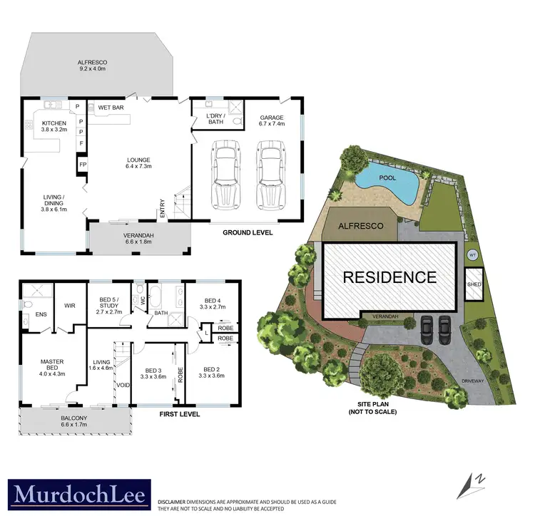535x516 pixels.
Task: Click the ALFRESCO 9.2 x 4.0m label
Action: (x=91, y=66)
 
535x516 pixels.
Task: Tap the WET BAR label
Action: (x=111, y=107)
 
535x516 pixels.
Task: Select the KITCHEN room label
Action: (x=53, y=126)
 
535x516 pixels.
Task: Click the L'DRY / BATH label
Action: (x=215, y=119)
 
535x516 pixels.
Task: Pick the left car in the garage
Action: (x=225, y=172)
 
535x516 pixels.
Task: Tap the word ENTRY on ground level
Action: (x=163, y=207)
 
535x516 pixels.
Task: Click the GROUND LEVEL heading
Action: (x=247, y=232)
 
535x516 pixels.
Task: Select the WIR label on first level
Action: (x=71, y=307)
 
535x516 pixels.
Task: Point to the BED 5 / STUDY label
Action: (x=105, y=307)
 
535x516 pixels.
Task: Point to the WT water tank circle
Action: (x=472, y=254)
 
